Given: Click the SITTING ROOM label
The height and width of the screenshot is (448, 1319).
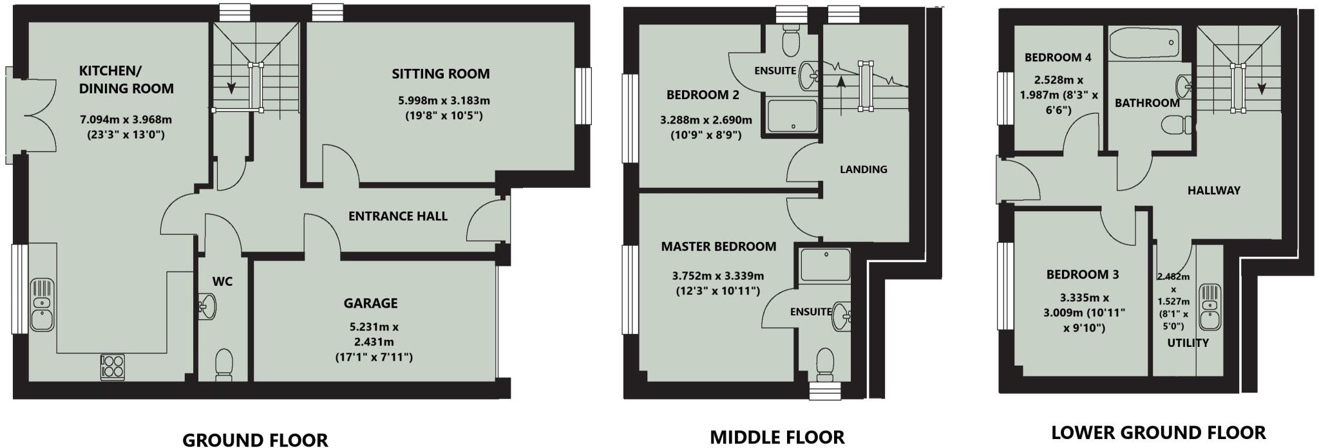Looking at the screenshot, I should pos(441,74).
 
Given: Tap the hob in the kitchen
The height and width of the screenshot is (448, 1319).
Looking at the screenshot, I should pos(112,367).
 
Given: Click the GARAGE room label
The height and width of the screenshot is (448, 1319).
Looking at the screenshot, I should pos(370,303).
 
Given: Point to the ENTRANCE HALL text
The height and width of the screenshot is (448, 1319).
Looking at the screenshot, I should pos(397,216).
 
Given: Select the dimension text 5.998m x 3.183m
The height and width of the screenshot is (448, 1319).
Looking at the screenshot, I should pos(444,101).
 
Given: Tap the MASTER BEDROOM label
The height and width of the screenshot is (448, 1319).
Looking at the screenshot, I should pos(718,247).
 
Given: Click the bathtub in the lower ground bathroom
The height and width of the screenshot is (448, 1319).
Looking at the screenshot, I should pos(1144,44).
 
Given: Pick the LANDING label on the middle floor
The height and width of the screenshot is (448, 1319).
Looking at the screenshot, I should pos(863,169).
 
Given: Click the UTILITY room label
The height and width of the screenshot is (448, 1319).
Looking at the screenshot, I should pos(1188,343).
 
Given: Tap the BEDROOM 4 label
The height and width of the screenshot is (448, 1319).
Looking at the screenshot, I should pos(1058,57).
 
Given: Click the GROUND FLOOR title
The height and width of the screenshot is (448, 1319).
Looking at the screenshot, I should pos(255,440).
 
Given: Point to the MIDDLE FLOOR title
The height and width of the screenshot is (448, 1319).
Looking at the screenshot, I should pos(777,438).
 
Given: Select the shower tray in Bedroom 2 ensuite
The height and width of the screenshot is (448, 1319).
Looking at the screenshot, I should pos(792,115).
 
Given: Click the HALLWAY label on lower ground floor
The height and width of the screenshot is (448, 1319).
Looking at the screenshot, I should pos(1213,191).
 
